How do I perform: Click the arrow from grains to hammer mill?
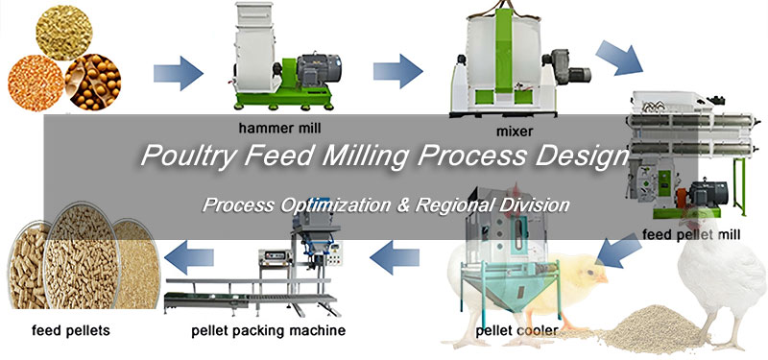pyautogui.click(x=179, y=71)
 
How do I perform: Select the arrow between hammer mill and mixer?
pyautogui.click(x=397, y=71)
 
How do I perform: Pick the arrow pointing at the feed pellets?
pyautogui.click(x=188, y=255)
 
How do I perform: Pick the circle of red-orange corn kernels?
pyautogui.click(x=36, y=83)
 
